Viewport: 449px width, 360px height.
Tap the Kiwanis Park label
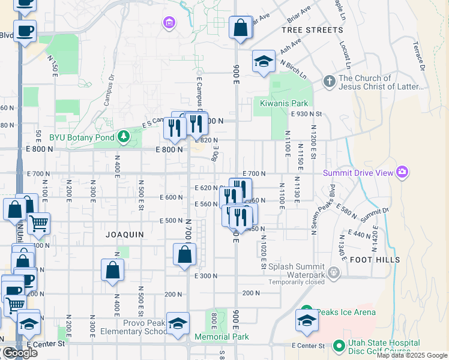point(283,103)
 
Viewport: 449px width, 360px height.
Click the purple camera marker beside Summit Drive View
point(402,173)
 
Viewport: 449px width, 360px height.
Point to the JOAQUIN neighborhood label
point(124,235)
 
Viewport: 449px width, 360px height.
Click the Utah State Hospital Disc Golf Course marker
point(339,346)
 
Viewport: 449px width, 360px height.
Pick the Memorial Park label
point(226,337)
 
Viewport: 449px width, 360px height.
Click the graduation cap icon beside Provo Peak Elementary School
point(178,324)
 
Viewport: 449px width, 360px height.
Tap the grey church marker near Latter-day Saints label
point(329,81)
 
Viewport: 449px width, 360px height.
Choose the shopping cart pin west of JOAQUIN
point(38,224)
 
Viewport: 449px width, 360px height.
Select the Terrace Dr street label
point(418,55)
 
